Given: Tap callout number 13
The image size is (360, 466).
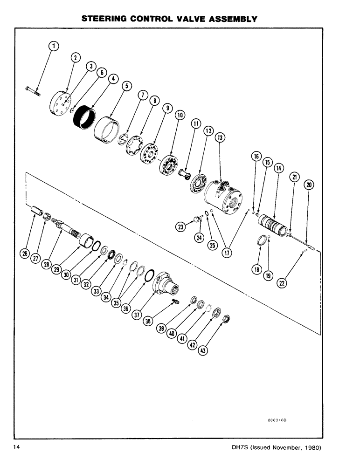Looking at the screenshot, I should [220, 137].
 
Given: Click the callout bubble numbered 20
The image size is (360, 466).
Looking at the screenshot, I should [309, 185].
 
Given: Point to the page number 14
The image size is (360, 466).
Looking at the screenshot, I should [17, 448].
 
